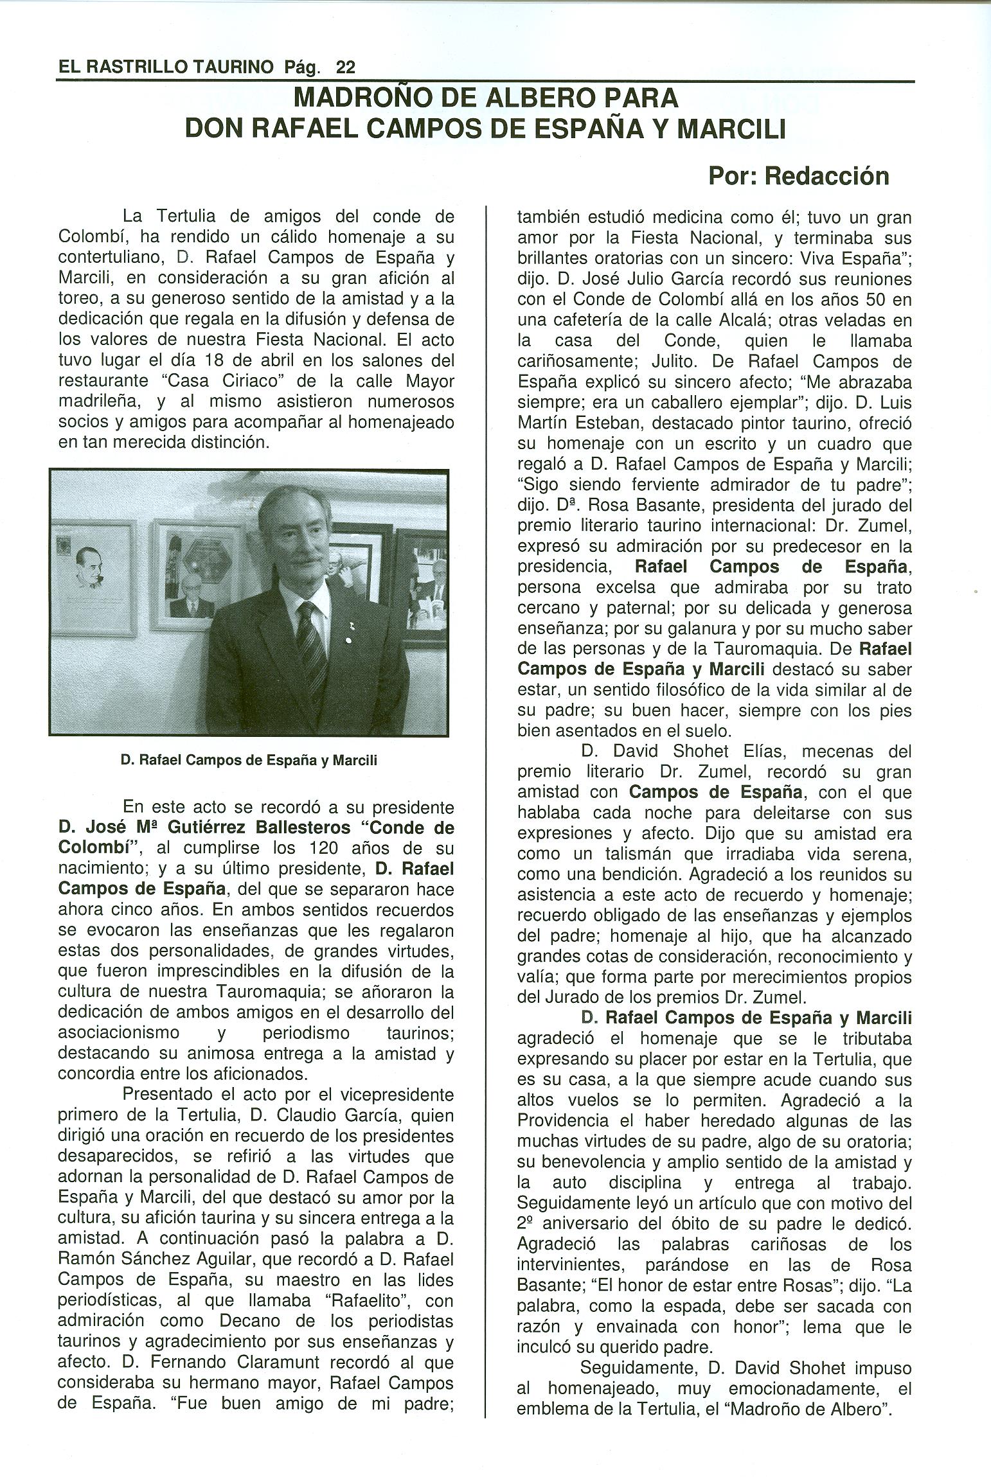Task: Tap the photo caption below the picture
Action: click(x=249, y=761)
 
